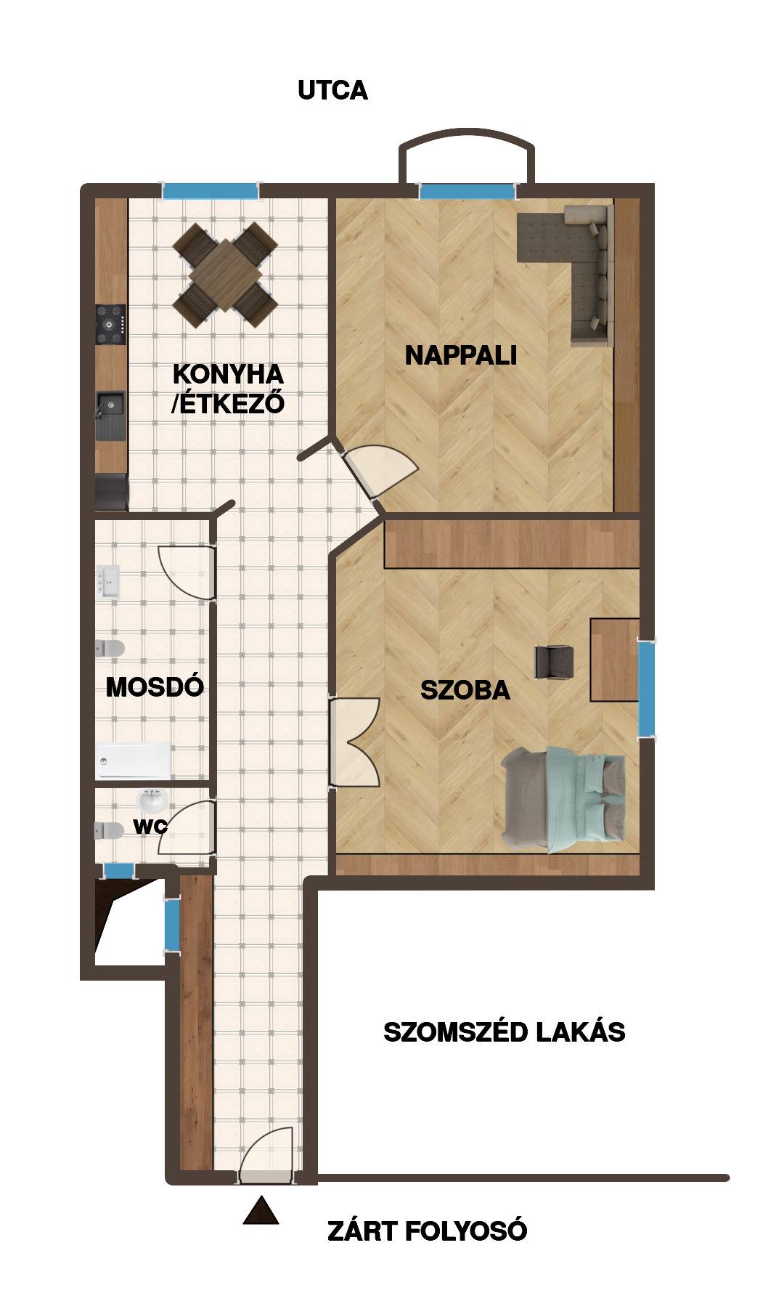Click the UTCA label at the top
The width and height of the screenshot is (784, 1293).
(332, 91)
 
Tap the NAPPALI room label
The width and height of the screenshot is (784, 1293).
(461, 355)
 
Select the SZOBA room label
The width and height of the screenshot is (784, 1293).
(465, 690)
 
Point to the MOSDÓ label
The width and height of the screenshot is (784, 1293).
(155, 686)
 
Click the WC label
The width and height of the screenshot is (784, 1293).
(150, 826)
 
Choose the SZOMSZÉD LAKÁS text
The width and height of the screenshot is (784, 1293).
(505, 1032)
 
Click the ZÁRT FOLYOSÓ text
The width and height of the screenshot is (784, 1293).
(428, 1231)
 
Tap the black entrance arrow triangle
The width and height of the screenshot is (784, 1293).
(261, 1210)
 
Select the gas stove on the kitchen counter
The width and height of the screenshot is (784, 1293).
(112, 325)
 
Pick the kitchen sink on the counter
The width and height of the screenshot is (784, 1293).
(110, 416)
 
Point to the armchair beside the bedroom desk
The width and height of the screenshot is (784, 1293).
(554, 662)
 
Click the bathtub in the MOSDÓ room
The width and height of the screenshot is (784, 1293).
(133, 762)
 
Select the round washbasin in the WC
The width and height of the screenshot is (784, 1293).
(153, 802)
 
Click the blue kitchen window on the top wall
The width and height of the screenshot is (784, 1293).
(210, 191)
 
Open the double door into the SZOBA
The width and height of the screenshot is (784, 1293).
(354, 742)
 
